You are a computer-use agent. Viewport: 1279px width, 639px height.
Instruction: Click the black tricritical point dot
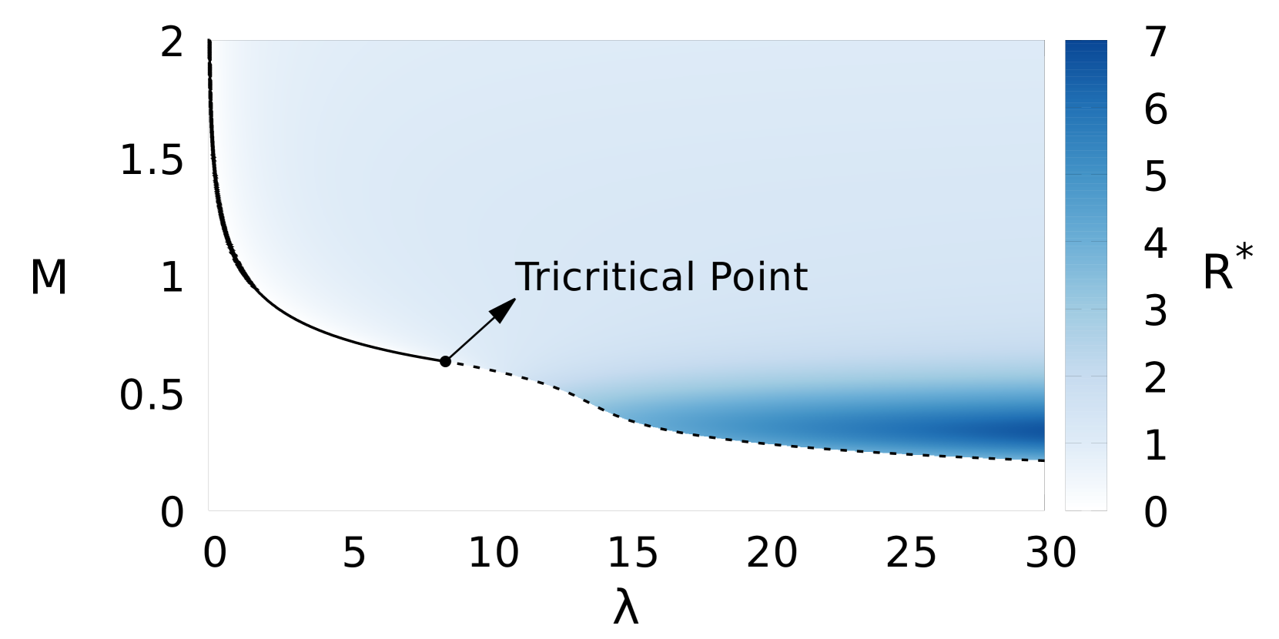click(x=445, y=361)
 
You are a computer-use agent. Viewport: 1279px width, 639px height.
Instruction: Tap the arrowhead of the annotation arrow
click(x=505, y=307)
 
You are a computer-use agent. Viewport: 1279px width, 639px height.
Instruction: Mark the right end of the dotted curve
click(x=1043, y=460)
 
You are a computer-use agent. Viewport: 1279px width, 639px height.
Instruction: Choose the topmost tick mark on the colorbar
click(x=1086, y=107)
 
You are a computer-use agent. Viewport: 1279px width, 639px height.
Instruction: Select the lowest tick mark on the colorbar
click(x=1086, y=443)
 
